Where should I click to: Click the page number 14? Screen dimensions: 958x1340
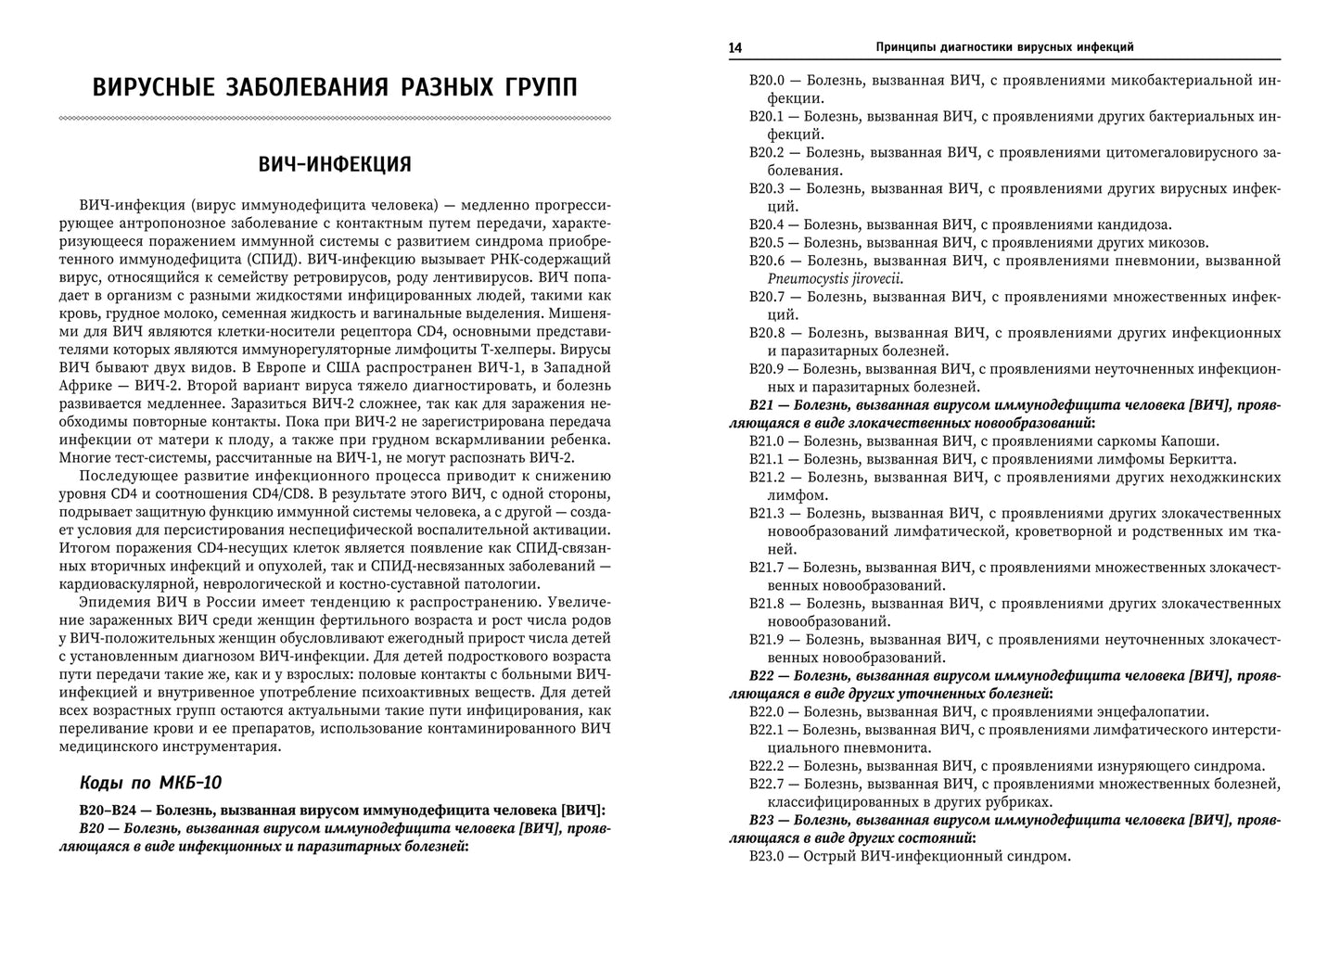[x=735, y=47]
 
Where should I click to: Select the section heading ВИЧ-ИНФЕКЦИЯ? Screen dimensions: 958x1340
[x=335, y=164]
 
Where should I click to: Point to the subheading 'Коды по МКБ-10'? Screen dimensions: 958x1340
[x=151, y=782]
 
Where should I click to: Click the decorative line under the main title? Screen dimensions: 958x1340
[x=335, y=118]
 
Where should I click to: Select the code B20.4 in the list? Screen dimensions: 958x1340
[x=766, y=224]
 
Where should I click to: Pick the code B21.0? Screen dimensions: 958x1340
[x=766, y=441]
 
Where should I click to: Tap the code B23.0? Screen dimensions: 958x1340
[x=766, y=857]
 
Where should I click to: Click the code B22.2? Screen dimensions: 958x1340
[x=766, y=766]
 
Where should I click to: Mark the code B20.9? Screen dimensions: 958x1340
[x=767, y=369]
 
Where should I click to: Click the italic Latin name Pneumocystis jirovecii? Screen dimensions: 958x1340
[x=835, y=278]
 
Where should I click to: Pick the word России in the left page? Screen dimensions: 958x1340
[x=215, y=602]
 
